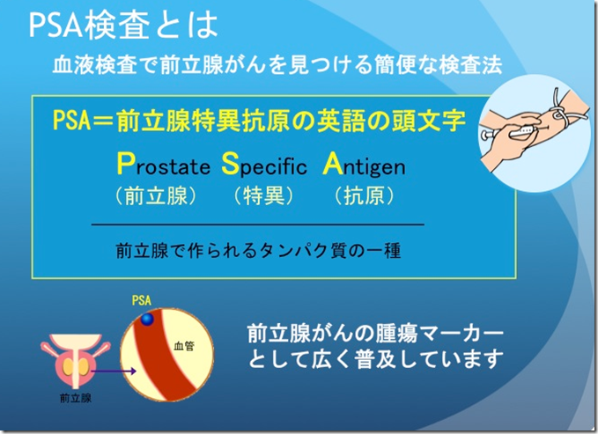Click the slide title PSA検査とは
point(123,26)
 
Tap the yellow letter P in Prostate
point(125,164)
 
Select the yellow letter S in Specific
point(230,164)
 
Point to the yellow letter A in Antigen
point(333,164)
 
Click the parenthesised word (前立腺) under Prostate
point(156,196)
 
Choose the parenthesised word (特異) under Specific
point(264,196)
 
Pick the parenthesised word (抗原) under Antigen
point(365,196)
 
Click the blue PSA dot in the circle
point(147,319)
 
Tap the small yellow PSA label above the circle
point(142,300)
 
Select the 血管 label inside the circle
point(184,346)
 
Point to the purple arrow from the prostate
point(114,371)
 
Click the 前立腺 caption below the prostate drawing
point(76,399)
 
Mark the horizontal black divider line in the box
point(258,225)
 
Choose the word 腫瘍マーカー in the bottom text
point(439,334)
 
